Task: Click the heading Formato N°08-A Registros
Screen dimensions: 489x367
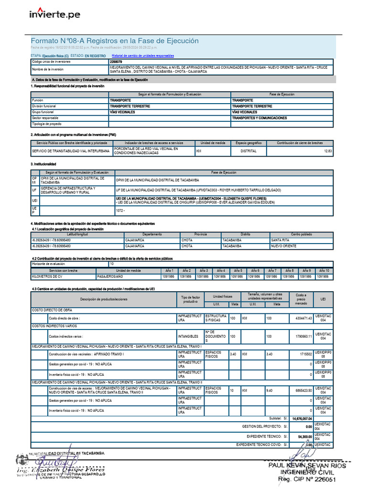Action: (x=115, y=41)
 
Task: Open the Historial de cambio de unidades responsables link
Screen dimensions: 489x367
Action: (x=143, y=56)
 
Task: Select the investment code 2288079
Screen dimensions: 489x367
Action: (x=116, y=62)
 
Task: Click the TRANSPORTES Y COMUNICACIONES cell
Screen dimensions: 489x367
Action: (x=259, y=118)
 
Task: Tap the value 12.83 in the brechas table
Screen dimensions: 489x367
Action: (x=327, y=151)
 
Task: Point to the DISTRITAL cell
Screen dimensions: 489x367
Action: (x=248, y=151)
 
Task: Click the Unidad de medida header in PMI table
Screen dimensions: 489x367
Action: (x=213, y=143)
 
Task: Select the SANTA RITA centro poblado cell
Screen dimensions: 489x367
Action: (x=280, y=240)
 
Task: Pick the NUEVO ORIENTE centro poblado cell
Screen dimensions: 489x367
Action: (x=283, y=246)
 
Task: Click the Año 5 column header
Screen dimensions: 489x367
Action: (x=237, y=271)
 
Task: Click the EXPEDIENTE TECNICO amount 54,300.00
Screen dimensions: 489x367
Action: (x=304, y=436)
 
